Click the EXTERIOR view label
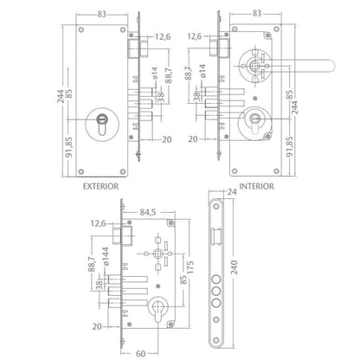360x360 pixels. coord(100,186)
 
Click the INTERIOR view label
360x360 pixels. coord(257,186)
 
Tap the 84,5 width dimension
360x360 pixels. coord(148,212)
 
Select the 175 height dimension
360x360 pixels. coord(190,267)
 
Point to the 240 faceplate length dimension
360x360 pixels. coord(234,267)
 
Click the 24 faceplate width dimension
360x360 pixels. coord(232,192)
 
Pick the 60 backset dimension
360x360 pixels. coord(140,354)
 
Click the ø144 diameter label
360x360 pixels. coord(106,256)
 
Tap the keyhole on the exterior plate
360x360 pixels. coord(102,124)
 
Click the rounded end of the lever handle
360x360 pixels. coord(331,65)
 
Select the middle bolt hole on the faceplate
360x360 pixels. coord(216,291)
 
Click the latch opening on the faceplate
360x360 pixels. coord(216,236)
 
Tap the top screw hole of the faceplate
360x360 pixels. coord(216,207)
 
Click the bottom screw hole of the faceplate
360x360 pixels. coord(216,340)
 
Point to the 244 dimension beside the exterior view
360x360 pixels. coord(61,96)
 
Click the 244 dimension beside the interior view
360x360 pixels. coord(295,107)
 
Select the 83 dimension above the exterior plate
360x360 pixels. coord(101,14)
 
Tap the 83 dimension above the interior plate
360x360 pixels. coord(257,13)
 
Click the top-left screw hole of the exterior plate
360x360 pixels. coord(81,29)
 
